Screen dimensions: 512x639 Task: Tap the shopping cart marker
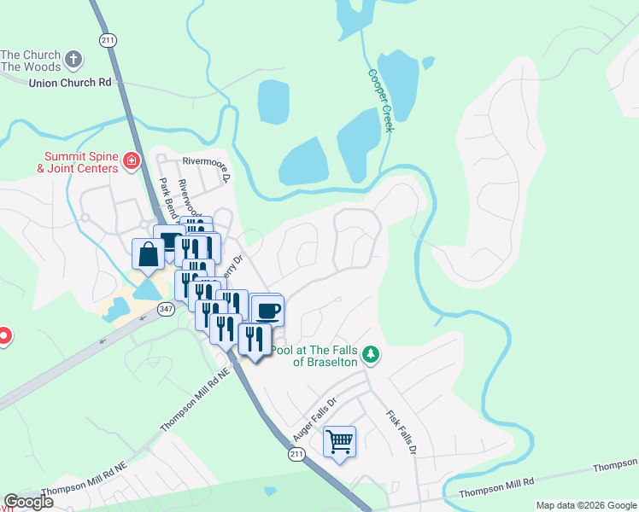click(339, 442)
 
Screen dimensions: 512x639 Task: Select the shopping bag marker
click(148, 254)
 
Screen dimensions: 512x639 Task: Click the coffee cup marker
click(267, 309)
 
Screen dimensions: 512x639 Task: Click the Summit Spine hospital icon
click(131, 160)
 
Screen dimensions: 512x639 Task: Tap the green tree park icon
click(370, 353)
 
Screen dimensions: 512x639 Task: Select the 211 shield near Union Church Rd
click(107, 39)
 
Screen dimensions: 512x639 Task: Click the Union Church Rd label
click(70, 83)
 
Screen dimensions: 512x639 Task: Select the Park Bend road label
click(168, 199)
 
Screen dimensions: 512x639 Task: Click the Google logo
click(27, 502)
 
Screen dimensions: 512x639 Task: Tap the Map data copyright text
click(585, 505)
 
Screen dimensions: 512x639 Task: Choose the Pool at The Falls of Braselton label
click(313, 356)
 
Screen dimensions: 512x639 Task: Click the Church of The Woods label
click(32, 61)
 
